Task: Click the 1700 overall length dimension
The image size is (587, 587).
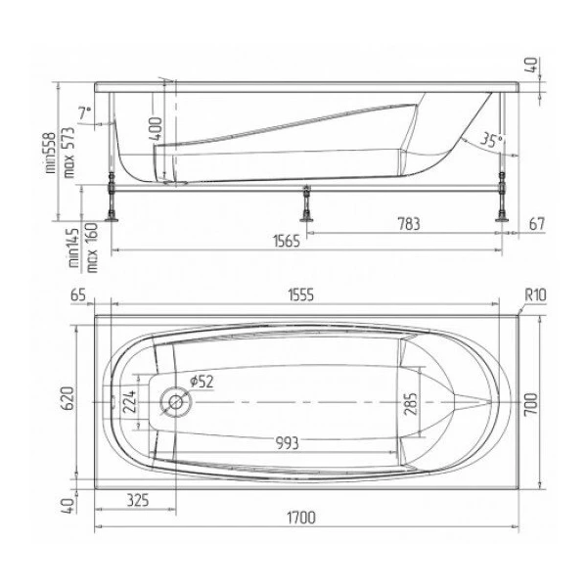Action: pos(301,518)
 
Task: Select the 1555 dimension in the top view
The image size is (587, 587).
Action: pos(301,295)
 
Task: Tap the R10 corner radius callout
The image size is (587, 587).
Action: pos(535,295)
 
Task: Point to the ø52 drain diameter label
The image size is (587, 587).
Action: pos(202,382)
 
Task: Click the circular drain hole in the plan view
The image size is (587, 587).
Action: pos(175,402)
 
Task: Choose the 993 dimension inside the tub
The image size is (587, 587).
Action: pos(287,443)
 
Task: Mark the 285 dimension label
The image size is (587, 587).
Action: pos(411,404)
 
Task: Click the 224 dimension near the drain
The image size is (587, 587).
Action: pos(129,401)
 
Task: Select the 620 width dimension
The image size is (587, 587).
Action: pos(68,398)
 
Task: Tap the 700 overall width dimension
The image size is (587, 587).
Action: pos(531,404)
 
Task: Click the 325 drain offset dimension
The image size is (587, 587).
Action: pos(138,500)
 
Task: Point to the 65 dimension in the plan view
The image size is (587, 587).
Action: pos(78,295)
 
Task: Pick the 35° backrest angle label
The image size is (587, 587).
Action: pos(491,140)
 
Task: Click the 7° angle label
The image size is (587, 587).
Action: pos(84,113)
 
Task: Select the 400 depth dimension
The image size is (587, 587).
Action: pos(156,129)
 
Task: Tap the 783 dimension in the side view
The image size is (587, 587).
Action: pos(408,224)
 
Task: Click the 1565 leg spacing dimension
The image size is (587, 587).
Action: pos(287,241)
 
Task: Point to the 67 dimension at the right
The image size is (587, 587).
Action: pos(537,224)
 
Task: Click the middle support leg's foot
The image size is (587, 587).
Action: pos(306,218)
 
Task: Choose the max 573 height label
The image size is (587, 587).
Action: pos(69,153)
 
